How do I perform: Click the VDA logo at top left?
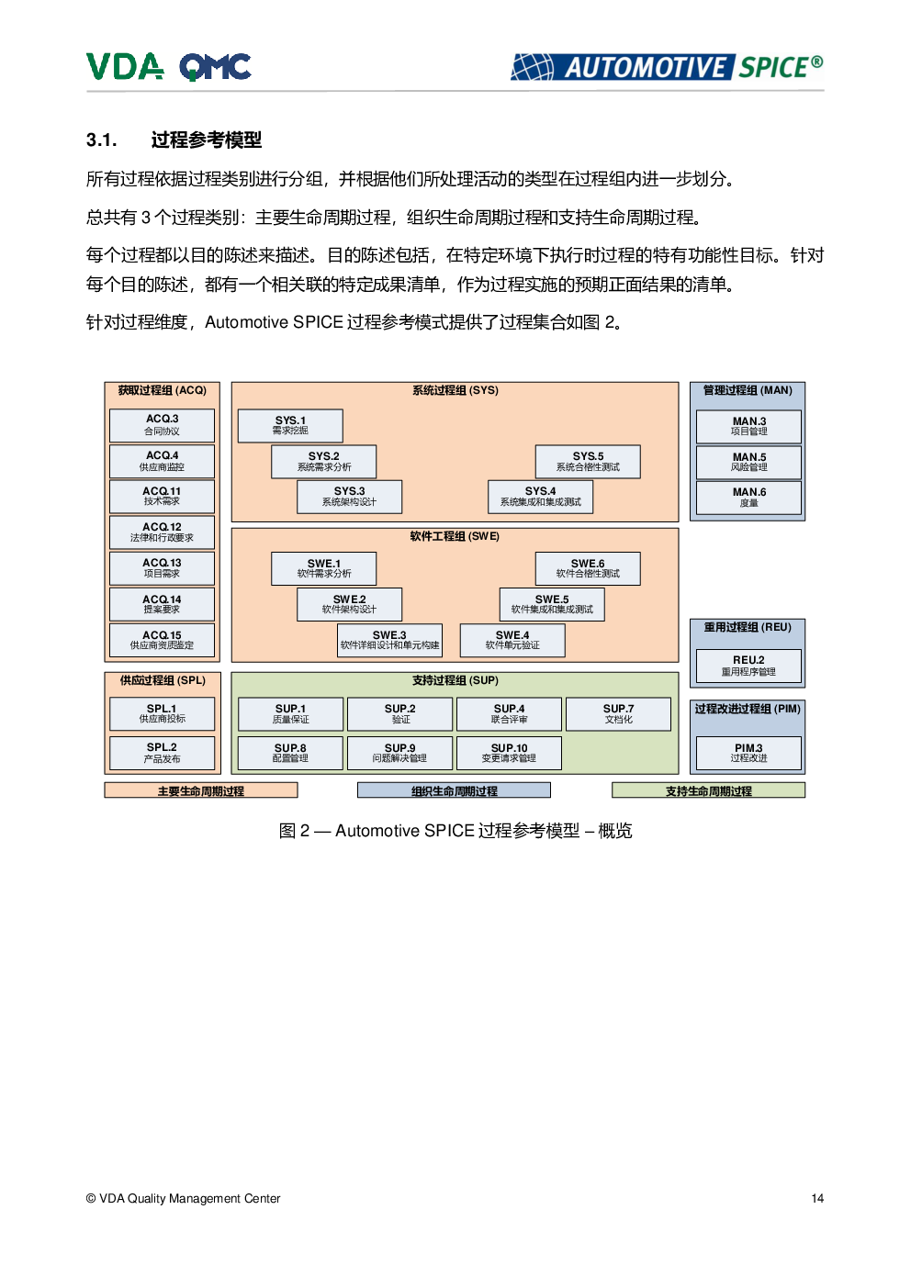[x=125, y=67]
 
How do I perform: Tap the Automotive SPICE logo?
[x=667, y=67]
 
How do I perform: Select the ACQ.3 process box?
[x=162, y=425]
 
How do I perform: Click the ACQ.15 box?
[x=162, y=640]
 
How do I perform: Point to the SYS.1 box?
[x=290, y=425]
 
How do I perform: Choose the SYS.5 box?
[x=588, y=462]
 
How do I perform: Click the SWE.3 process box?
[x=389, y=641]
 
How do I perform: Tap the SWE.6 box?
[x=588, y=568]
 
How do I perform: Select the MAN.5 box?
[x=748, y=463]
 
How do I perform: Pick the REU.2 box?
[x=748, y=666]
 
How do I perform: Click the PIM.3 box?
[x=748, y=754]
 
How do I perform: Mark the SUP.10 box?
[x=509, y=754]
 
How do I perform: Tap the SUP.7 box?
[x=618, y=714]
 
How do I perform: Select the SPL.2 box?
[x=162, y=754]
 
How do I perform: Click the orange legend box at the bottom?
[x=201, y=790]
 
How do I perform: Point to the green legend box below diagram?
[x=709, y=790]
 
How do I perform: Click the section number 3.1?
[x=102, y=140]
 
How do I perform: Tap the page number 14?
[x=817, y=1198]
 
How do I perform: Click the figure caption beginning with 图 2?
[x=455, y=831]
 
